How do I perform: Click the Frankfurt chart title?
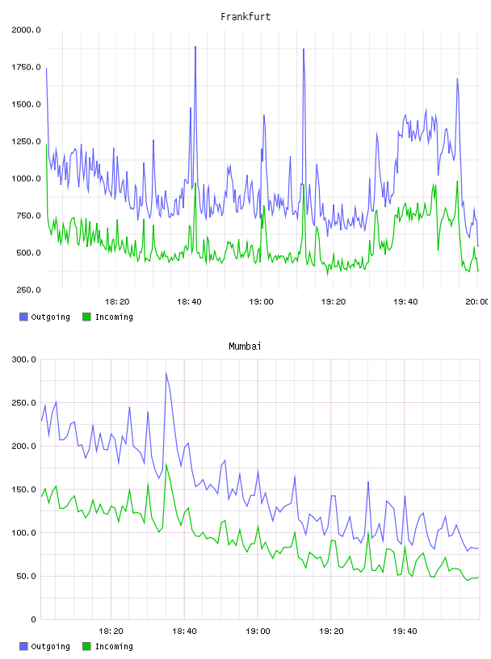(245, 16)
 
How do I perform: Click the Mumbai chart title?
(245, 346)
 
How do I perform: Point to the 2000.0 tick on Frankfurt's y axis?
(26, 30)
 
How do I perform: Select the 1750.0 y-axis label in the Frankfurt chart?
(26, 67)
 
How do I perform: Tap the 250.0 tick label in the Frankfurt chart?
(28, 290)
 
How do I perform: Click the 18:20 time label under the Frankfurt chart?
(117, 302)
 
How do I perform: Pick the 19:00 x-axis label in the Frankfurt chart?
(261, 302)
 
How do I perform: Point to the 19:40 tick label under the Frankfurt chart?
(405, 302)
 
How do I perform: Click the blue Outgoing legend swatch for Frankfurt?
(23, 317)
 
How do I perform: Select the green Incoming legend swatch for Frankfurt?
(86, 317)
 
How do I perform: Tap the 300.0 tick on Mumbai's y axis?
(24, 359)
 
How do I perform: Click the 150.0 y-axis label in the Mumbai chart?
(24, 489)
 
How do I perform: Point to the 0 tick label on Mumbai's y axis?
(34, 619)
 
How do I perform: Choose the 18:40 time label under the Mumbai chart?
(184, 632)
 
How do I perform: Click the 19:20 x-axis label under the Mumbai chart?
(331, 632)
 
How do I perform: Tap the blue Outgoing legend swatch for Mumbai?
(23, 646)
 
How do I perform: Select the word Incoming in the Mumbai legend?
(114, 646)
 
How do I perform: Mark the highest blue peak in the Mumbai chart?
(166, 373)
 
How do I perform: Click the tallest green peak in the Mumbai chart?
(166, 464)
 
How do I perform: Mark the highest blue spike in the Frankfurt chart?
(195, 47)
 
